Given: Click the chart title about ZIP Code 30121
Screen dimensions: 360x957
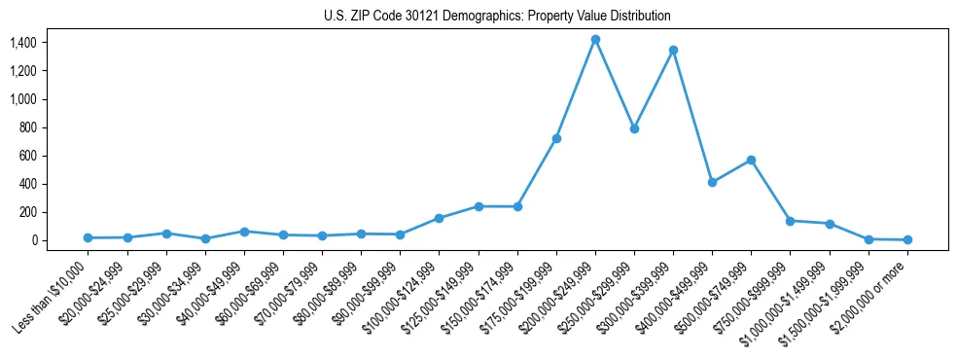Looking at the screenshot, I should pyautogui.click(x=497, y=17).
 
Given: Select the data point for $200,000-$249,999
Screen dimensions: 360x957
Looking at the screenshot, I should pyautogui.click(x=595, y=40).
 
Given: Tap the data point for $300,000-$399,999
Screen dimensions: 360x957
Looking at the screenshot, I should pyautogui.click(x=673, y=50).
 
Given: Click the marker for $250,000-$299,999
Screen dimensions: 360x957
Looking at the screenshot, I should pyautogui.click(x=634, y=128).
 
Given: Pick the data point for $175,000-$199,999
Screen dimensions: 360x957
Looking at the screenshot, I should pyautogui.click(x=556, y=138).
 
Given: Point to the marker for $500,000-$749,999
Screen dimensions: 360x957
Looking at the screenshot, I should pyautogui.click(x=751, y=160).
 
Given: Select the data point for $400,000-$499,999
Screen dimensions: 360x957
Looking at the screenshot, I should pyautogui.click(x=712, y=182).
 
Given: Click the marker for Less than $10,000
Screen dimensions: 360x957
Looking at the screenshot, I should pyautogui.click(x=89, y=237).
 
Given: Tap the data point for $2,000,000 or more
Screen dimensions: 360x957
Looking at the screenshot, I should pyautogui.click(x=907, y=239).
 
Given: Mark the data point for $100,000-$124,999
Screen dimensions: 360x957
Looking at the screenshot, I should pyautogui.click(x=440, y=218).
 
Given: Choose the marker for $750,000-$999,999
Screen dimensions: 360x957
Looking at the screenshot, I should pyautogui.click(x=790, y=221).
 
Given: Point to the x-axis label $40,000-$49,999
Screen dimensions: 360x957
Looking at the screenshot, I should pyautogui.click(x=208, y=293).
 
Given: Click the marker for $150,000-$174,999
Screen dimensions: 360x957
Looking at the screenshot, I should pyautogui.click(x=517, y=206).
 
